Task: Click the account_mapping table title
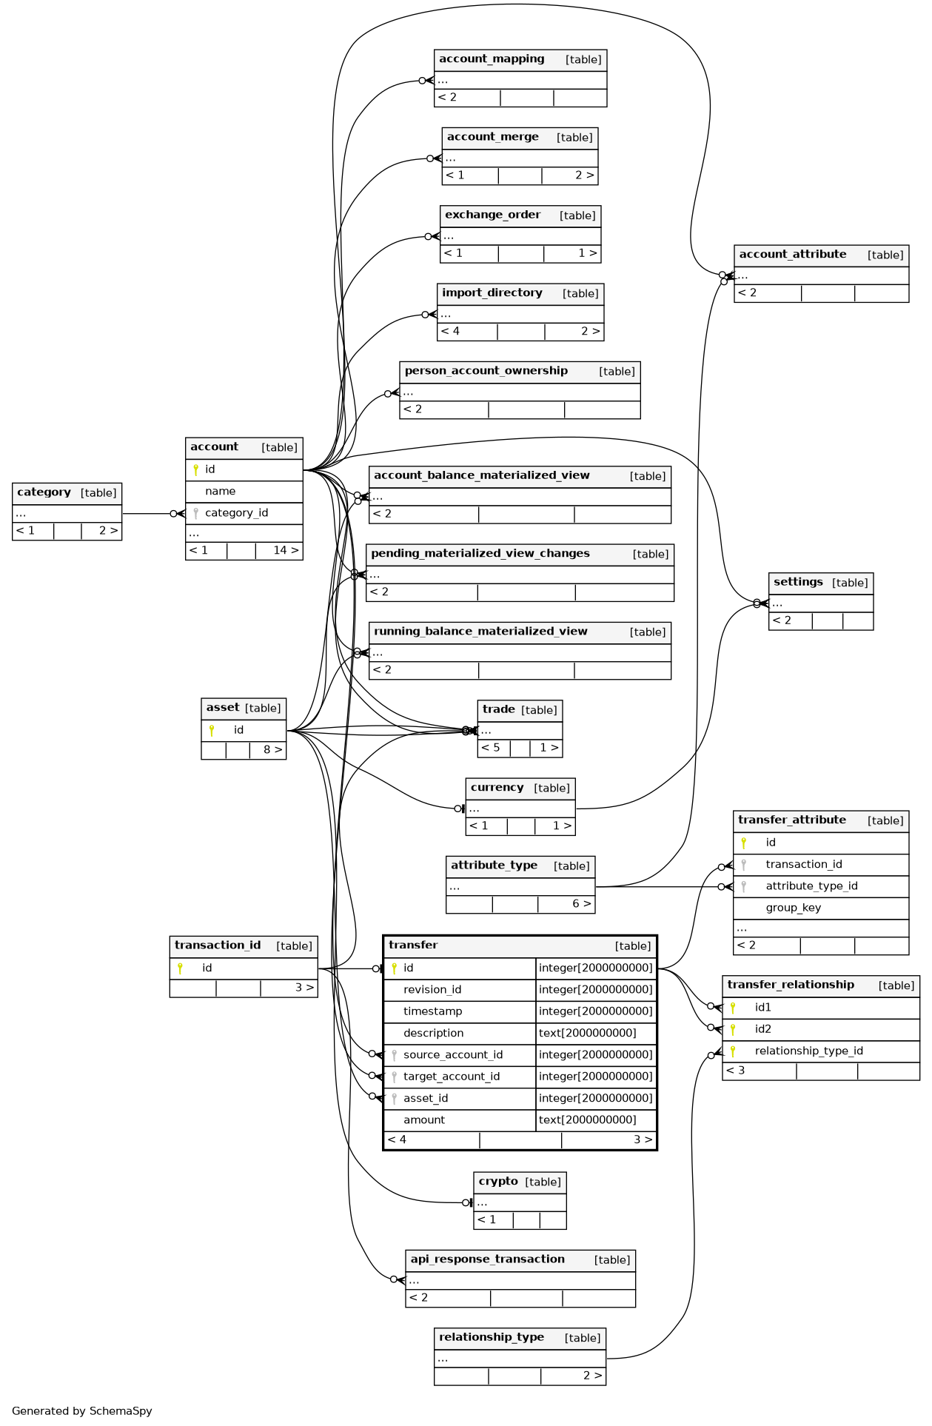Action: pos(492,59)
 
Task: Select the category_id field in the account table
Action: pos(237,513)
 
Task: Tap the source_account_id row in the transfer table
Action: pos(453,1055)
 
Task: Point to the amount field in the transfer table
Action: pos(424,1120)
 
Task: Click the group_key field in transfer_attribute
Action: pos(794,908)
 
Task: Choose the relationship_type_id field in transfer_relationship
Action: pos(809,1051)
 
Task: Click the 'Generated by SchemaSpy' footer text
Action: pos(82,1411)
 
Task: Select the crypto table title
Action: pos(498,1182)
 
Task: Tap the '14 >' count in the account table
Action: pos(286,550)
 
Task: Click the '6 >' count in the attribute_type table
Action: pos(582,903)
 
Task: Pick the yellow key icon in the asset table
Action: pos(212,730)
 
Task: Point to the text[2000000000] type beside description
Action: pos(588,1033)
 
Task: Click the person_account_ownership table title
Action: pos(486,371)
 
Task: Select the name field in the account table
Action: pos(221,491)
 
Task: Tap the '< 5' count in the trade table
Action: pos(491,747)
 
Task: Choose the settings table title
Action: pos(798,582)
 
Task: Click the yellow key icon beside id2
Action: pos(733,1029)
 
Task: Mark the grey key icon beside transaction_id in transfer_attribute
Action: pos(744,865)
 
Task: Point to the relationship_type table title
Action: pos(492,1337)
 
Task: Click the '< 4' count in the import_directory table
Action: pos(450,331)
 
